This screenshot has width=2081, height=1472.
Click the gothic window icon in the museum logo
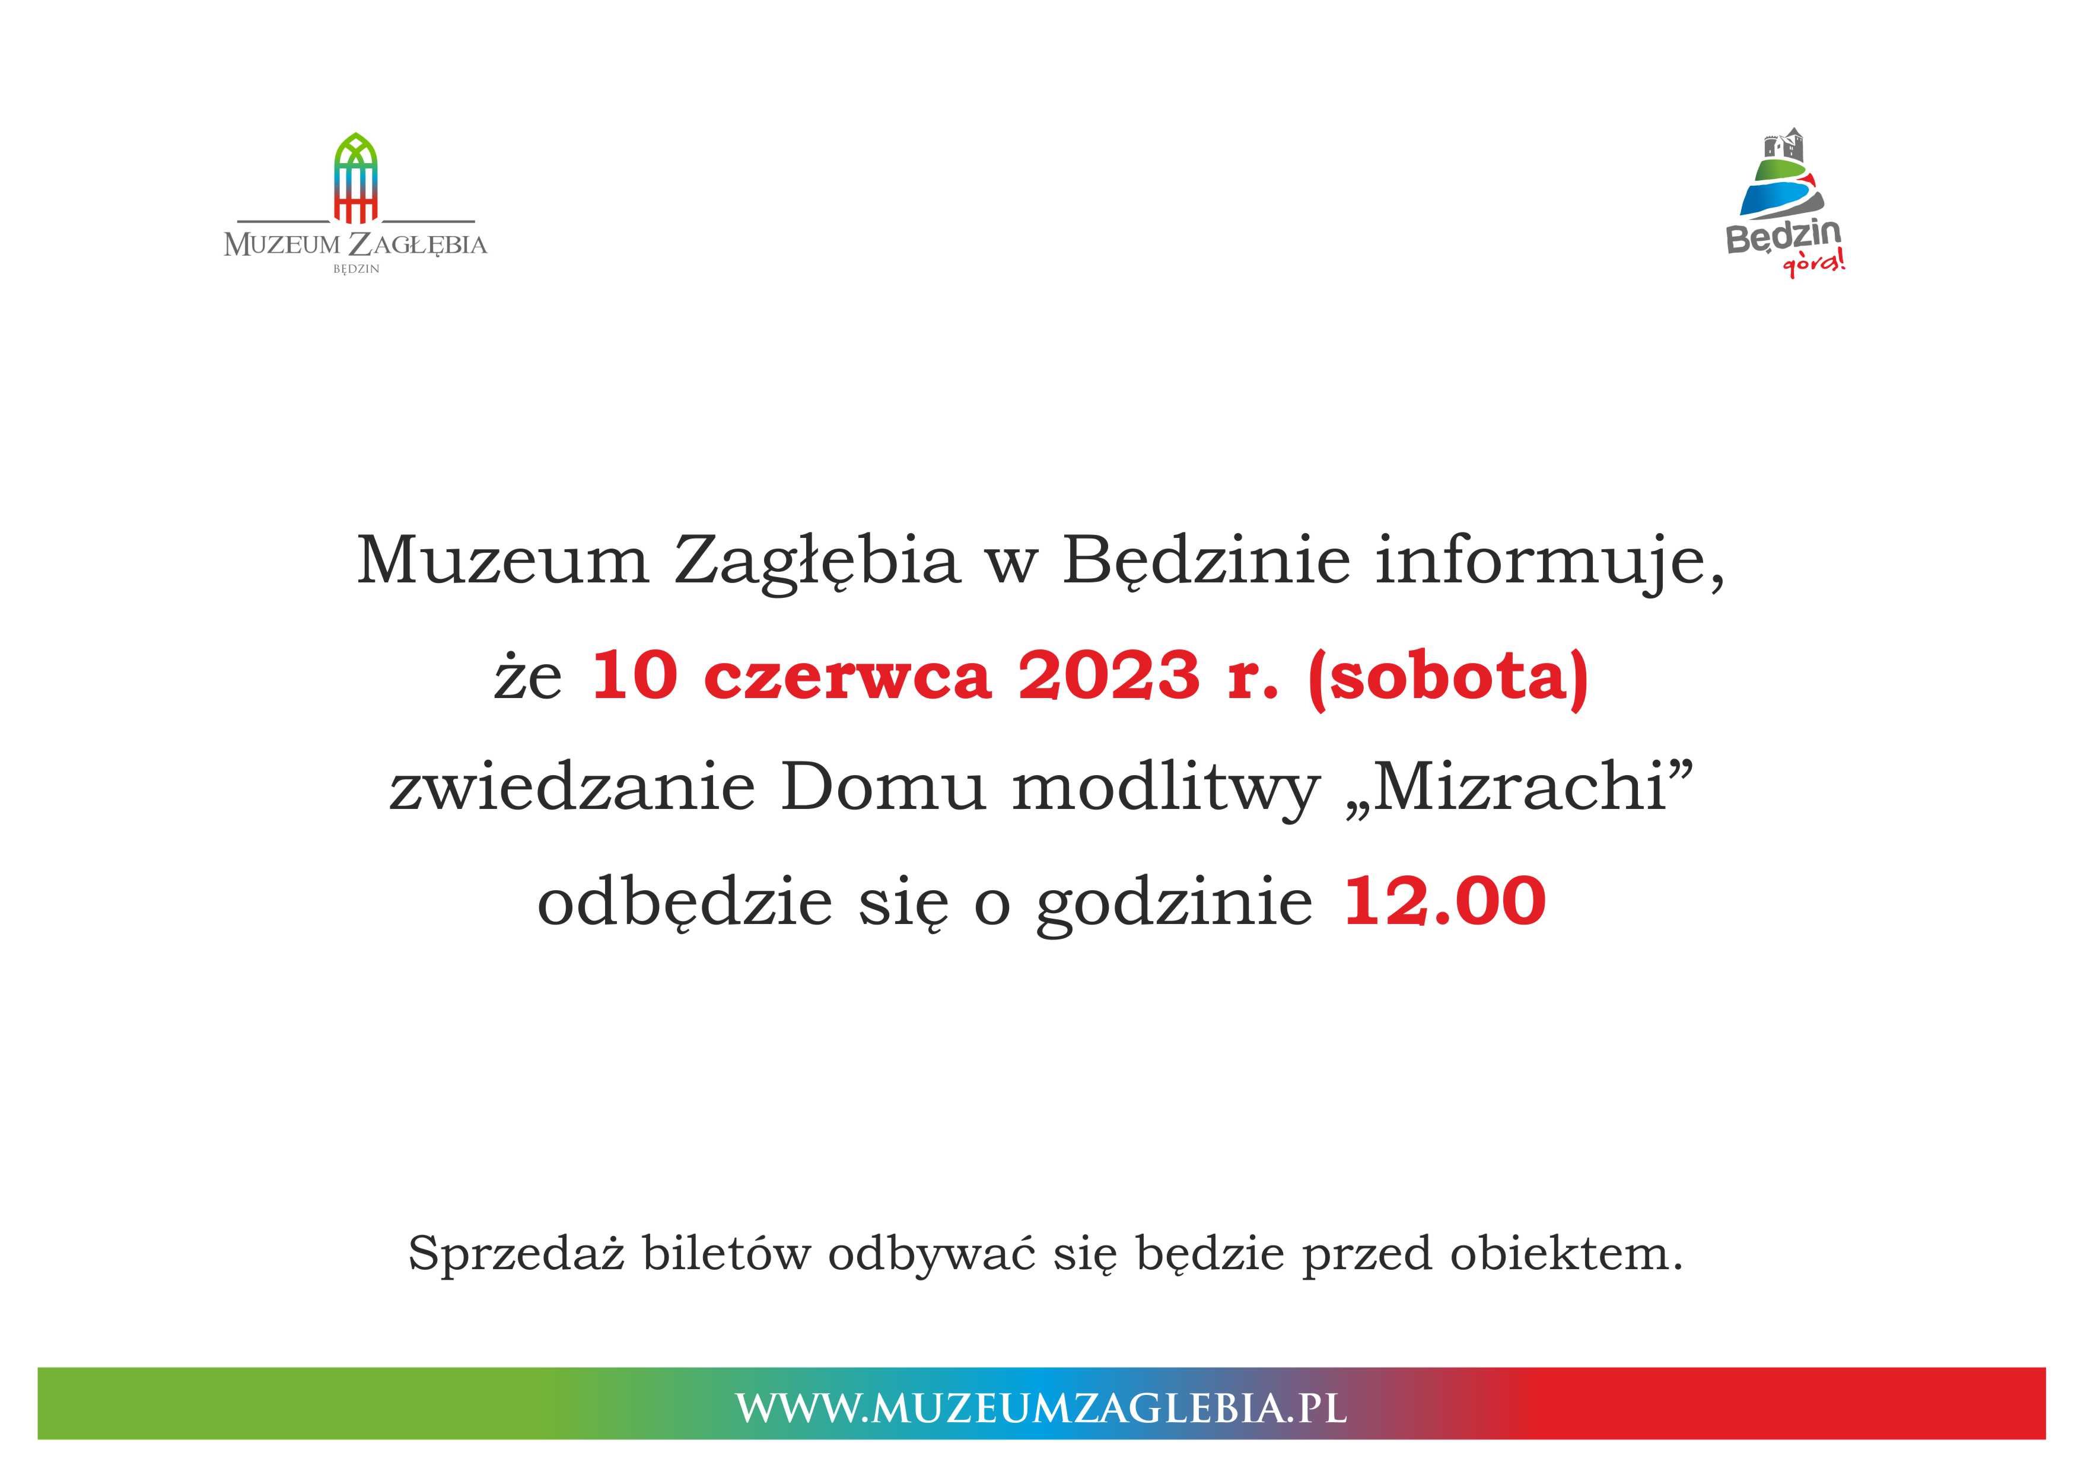(x=355, y=178)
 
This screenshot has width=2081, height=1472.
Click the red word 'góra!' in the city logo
(x=1813, y=264)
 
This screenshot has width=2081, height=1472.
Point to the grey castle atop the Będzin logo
(x=1783, y=145)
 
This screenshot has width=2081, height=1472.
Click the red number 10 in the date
(x=635, y=676)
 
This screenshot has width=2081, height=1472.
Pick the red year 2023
(x=1109, y=676)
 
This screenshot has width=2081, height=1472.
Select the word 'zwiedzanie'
(x=572, y=787)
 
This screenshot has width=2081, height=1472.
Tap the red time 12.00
(x=1444, y=902)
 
